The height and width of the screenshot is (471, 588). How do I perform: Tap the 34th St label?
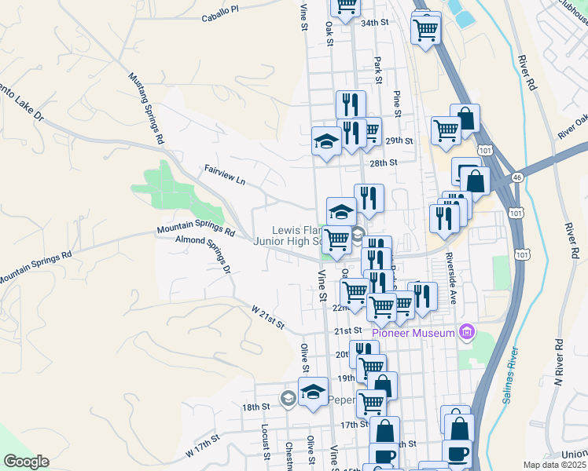(375, 24)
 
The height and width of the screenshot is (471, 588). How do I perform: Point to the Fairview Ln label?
(225, 175)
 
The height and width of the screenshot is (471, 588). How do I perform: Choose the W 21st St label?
(267, 318)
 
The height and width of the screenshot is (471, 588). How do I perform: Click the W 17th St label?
(202, 450)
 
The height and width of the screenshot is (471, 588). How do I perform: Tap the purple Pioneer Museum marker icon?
(467, 332)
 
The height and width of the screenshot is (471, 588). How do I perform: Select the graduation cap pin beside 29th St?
(326, 141)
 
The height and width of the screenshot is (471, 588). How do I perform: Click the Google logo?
(26, 462)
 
